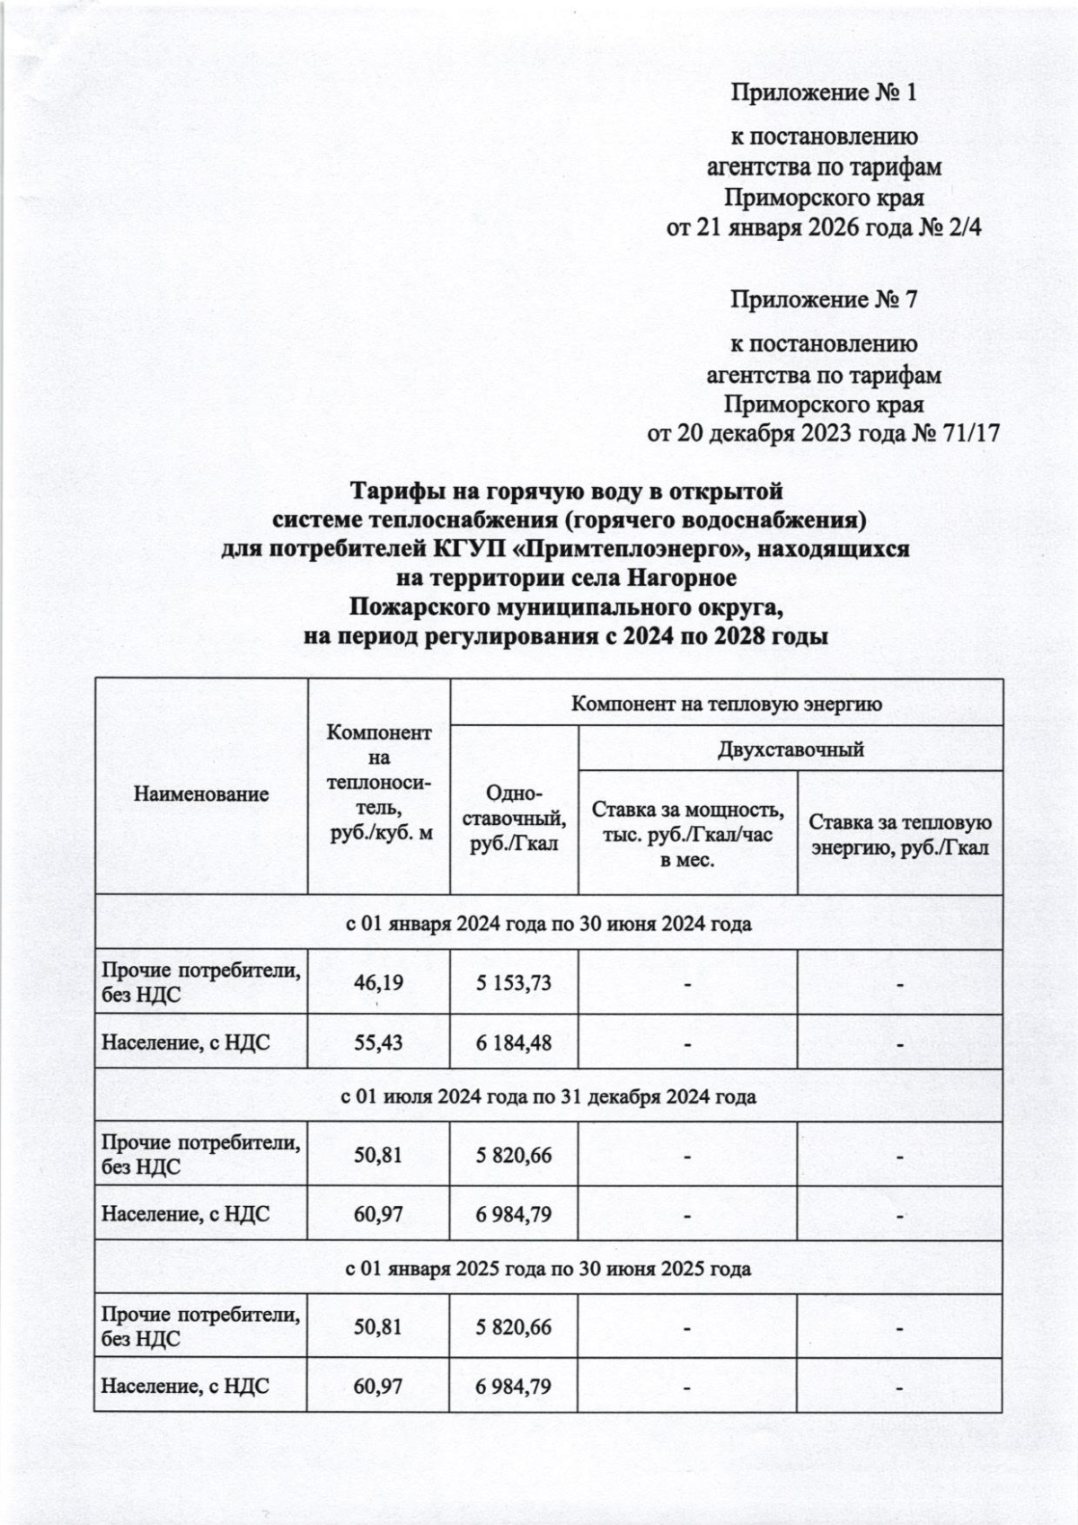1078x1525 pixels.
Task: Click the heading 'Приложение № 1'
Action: tap(823, 93)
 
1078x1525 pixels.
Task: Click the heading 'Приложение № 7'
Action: tap(823, 299)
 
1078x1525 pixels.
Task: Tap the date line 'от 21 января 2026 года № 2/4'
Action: tap(823, 228)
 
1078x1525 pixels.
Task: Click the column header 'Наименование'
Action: tap(201, 794)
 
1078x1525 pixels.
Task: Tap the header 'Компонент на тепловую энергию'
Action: tap(727, 703)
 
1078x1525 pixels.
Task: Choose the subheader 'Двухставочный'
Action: tap(791, 749)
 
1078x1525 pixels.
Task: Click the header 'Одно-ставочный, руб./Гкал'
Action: tap(514, 819)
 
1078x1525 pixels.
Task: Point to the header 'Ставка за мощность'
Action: tap(687, 810)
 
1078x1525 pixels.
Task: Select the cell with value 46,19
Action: tap(378, 982)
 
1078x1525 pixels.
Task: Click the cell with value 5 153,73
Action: tap(514, 982)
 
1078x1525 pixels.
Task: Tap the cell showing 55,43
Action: tap(378, 1043)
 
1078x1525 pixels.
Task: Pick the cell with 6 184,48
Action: tap(514, 1043)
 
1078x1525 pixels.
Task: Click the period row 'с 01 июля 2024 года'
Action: tap(548, 1096)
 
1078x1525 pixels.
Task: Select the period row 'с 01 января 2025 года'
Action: tap(548, 1269)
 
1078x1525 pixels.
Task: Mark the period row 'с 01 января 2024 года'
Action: tap(548, 924)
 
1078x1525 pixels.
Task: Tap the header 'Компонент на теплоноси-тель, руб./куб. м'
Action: tap(378, 784)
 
